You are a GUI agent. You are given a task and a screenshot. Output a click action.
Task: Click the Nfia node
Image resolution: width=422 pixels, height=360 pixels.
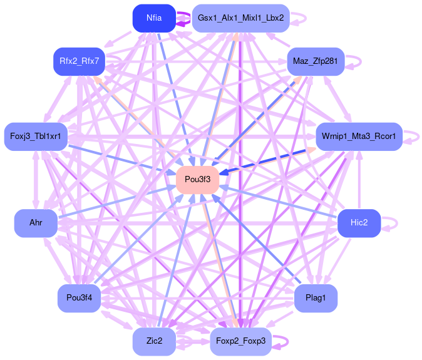tap(153, 18)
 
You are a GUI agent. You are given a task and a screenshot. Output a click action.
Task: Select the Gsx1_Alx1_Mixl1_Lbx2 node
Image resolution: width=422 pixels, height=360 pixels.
tap(240, 18)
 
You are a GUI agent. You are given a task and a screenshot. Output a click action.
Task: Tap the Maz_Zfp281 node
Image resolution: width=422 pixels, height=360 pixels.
tap(316, 61)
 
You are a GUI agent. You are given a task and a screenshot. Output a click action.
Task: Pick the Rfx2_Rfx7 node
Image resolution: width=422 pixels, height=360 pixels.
tap(79, 61)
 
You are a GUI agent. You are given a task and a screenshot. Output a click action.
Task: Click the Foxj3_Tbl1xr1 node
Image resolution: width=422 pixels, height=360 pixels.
tap(36, 136)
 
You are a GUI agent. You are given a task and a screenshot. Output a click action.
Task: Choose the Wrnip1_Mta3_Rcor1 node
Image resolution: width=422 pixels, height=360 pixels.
tap(358, 136)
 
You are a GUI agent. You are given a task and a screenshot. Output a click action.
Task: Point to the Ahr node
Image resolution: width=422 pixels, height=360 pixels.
tap(36, 223)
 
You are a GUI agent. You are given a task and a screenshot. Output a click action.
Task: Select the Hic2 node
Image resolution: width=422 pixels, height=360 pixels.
tap(359, 223)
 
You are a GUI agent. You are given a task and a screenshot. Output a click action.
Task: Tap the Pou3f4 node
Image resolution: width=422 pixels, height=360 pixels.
tap(79, 298)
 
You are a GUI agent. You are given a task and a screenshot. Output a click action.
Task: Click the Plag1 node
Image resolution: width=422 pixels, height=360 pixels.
tap(316, 298)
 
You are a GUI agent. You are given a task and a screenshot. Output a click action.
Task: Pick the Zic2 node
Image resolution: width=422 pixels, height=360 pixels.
tap(154, 341)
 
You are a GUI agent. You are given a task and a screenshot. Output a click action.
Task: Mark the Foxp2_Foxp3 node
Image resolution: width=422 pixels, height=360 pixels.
tap(240, 341)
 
